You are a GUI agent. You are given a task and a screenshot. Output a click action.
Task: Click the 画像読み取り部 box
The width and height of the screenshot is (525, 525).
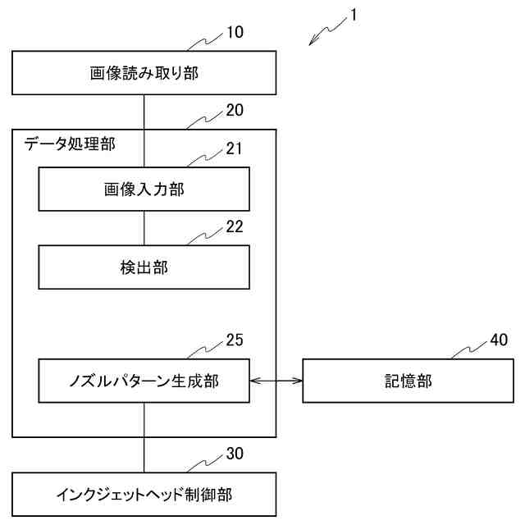[x=144, y=74]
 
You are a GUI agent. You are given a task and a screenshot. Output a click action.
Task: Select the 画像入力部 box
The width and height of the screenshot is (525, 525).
[x=144, y=189]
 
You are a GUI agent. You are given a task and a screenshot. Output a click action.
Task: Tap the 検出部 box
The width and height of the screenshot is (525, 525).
[x=144, y=267]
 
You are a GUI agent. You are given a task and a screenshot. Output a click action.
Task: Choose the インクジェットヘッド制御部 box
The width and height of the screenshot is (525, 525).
[x=144, y=495]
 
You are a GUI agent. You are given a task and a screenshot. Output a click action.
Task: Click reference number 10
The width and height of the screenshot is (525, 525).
[x=235, y=33]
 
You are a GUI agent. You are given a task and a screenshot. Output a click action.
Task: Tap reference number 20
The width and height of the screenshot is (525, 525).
[x=235, y=109]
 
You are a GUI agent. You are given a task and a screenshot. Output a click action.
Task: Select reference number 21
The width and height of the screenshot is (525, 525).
[x=235, y=148]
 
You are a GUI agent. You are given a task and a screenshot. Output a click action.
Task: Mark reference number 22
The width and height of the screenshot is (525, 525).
[x=235, y=227]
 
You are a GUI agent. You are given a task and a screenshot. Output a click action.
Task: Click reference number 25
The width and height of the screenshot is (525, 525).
[x=235, y=340]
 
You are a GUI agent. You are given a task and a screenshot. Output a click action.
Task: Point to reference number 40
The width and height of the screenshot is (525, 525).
[x=499, y=340]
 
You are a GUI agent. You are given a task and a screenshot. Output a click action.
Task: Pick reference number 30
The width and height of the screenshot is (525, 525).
[x=235, y=454]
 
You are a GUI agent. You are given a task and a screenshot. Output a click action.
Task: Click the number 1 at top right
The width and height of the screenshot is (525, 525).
[x=353, y=15]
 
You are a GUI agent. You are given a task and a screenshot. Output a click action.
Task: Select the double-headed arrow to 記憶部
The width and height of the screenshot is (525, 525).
[x=276, y=381]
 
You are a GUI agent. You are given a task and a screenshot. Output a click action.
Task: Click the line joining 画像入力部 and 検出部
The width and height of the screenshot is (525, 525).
[x=144, y=228]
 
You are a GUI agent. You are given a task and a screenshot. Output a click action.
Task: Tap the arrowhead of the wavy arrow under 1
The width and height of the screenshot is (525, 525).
[x=313, y=43]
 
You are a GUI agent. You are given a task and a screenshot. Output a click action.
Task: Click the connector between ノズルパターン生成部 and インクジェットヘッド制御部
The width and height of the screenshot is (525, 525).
[x=144, y=437]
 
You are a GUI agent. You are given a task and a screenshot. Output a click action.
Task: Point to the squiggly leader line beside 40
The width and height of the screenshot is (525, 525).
[x=468, y=350]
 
